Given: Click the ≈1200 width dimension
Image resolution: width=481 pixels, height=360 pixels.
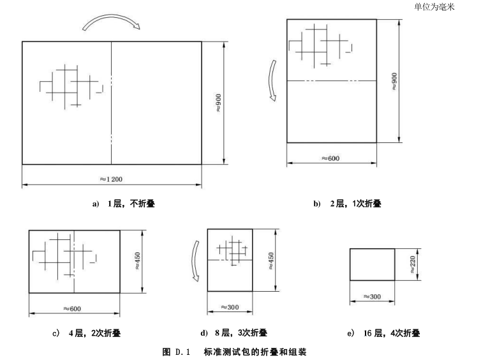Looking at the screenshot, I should [113, 177].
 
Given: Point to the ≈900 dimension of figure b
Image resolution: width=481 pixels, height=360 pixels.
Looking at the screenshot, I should [394, 80].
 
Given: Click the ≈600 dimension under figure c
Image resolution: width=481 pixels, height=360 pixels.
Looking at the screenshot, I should [75, 308].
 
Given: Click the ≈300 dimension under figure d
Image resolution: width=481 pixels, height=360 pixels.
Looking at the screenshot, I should [230, 307].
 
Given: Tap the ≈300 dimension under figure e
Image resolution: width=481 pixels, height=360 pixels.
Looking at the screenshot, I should [373, 297].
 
